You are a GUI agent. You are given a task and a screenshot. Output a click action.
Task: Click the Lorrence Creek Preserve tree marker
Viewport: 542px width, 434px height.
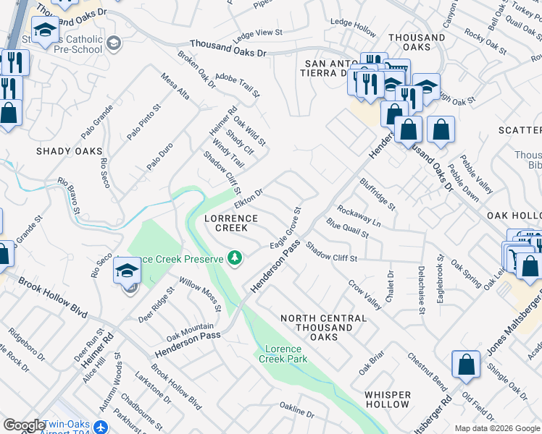[234, 258]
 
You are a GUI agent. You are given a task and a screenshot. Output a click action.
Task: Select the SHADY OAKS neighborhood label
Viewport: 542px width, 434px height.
[69, 151]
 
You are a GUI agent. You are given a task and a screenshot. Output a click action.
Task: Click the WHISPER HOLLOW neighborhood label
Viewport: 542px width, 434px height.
[388, 400]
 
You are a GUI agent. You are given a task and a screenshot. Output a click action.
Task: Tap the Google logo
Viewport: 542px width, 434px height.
[24, 425]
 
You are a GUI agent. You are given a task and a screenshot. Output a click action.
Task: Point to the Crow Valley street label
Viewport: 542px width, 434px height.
[364, 295]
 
